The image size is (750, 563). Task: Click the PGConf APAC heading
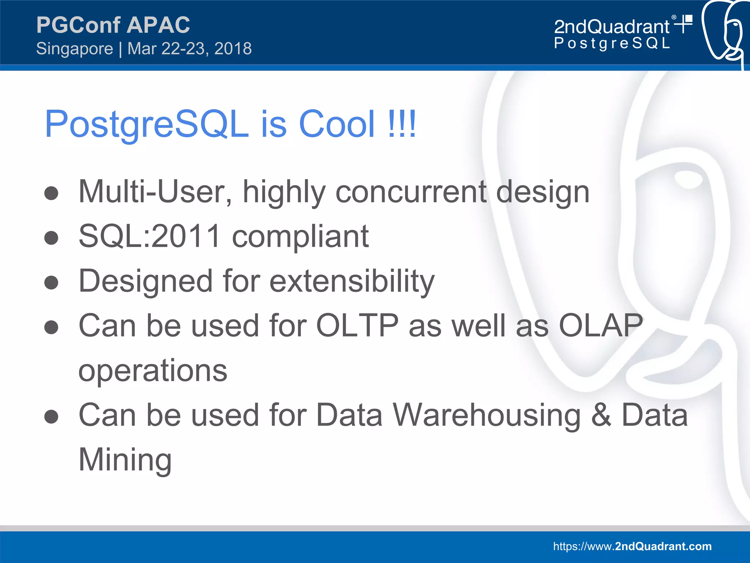pos(113,25)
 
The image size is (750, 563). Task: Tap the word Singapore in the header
pos(75,49)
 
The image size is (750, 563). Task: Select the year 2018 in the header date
pos(233,49)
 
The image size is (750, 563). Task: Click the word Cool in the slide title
pos(337,124)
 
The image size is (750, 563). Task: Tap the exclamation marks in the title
pos(402,124)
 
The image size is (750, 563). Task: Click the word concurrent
pos(411,192)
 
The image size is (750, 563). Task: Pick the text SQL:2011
pos(149,236)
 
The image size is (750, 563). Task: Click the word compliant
pos(300,236)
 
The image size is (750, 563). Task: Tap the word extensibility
pos(352,281)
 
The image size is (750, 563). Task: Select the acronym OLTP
pos(357,325)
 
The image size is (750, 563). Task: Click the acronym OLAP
pos(601,325)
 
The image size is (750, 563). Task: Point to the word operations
pos(153,371)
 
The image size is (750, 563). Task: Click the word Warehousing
pos(487,415)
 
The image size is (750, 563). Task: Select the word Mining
pos(125,460)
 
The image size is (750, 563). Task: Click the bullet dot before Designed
pos(51,282)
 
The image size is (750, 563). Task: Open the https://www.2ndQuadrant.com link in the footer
pos(632,546)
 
